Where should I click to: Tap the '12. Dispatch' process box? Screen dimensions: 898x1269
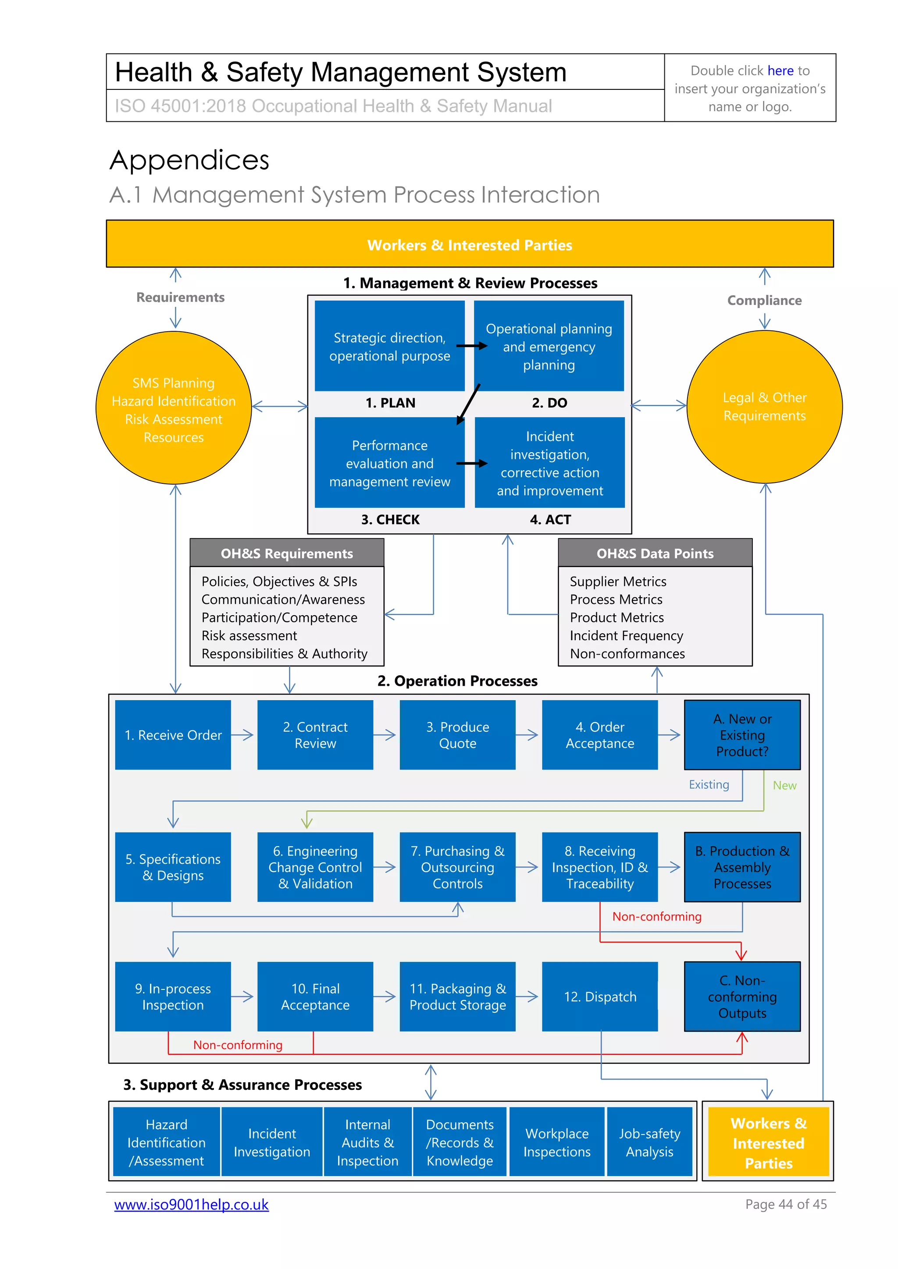tap(600, 996)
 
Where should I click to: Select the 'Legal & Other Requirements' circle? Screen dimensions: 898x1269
tap(764, 407)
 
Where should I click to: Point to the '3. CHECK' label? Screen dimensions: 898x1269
tap(390, 520)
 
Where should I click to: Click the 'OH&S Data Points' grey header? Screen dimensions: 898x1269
tap(655, 553)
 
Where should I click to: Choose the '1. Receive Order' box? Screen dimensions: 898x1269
tap(173, 735)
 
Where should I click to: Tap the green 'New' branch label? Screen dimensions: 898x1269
tap(784, 785)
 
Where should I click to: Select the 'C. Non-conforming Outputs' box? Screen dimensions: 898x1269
tap(742, 996)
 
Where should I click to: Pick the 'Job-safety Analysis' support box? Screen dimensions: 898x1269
tap(649, 1142)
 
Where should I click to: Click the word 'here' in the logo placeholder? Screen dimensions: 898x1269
tap(780, 71)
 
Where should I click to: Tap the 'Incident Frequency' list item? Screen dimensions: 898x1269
tap(626, 636)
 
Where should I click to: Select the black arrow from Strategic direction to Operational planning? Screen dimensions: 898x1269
tap(472, 346)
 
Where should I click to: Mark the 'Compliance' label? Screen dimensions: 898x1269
tap(764, 300)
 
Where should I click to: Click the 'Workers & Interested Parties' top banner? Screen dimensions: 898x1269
tap(470, 245)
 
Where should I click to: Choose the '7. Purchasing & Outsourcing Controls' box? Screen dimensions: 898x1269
tap(457, 867)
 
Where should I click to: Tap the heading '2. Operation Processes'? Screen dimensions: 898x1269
tap(457, 681)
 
